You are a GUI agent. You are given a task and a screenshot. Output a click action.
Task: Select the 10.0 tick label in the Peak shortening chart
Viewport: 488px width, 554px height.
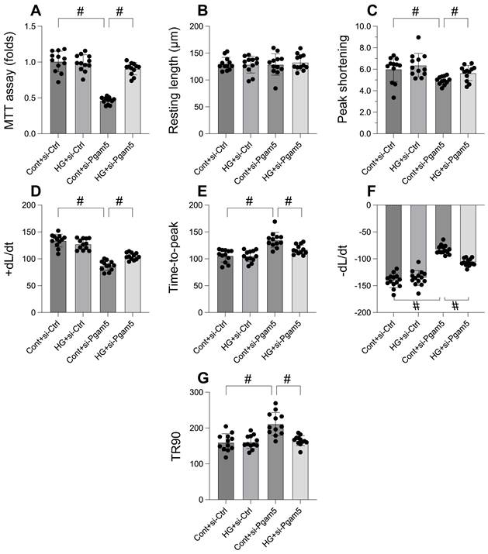[357, 27]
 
